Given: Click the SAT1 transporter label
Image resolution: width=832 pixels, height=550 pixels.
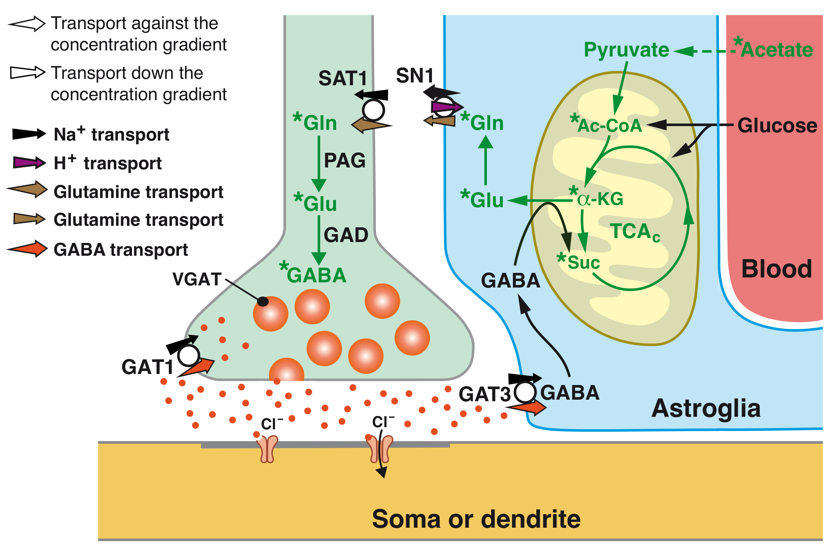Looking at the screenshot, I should coord(342,78).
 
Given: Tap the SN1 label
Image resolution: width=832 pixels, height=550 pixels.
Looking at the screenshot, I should coord(414,75).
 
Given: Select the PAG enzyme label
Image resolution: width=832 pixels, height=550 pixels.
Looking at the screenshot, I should coord(344,161).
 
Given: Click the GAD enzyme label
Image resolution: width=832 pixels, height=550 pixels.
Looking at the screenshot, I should coord(346,235).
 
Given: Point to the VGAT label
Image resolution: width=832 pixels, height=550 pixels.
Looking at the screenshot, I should coord(197,280).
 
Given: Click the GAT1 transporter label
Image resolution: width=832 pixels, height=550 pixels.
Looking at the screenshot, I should coord(147,367).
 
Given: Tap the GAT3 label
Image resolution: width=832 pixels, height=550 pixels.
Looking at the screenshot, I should coord(484,394).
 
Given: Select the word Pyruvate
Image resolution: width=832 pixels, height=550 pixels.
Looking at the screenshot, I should coord(626,50).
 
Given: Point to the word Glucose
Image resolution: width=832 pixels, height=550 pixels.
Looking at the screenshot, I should coord(777,126).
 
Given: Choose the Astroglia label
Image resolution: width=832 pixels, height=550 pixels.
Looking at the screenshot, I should coord(706,409).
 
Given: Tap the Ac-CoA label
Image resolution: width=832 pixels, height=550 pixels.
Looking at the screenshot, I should coord(609,126).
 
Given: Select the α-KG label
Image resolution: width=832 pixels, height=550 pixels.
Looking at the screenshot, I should coord(600,199).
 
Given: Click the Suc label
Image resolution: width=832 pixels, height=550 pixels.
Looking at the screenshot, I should coord(583,262).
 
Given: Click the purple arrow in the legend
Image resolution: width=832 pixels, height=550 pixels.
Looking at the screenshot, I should coord(29,163).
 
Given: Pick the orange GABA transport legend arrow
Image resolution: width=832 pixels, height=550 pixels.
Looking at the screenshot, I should coord(27,249).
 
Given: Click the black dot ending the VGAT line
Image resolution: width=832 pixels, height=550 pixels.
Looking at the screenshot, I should coord(263,301).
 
